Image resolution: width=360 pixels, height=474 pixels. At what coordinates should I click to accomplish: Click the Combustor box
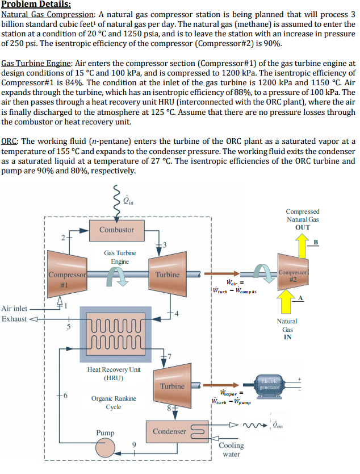pyautogui.click(x=116, y=230)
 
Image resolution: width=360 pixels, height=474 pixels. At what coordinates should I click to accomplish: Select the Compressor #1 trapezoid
pyautogui.click(x=65, y=279)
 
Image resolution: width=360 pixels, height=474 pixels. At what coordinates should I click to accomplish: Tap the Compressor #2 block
pyautogui.click(x=290, y=274)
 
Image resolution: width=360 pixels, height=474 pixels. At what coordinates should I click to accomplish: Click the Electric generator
pyautogui.click(x=268, y=384)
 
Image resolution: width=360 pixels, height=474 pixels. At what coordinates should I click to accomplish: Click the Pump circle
pyautogui.click(x=106, y=447)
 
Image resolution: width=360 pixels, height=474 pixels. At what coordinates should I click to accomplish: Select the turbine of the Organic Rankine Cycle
pyautogui.click(x=172, y=386)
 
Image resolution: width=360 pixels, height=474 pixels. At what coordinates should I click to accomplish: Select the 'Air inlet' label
pyautogui.click(x=14, y=308)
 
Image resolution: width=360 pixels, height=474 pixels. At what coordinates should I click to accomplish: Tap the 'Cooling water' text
pyautogui.click(x=231, y=450)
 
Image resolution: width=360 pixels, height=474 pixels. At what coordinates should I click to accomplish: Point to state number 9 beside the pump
pyautogui.click(x=135, y=444)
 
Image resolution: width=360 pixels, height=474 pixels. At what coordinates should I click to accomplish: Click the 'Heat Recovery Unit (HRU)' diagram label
pyautogui.click(x=114, y=373)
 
